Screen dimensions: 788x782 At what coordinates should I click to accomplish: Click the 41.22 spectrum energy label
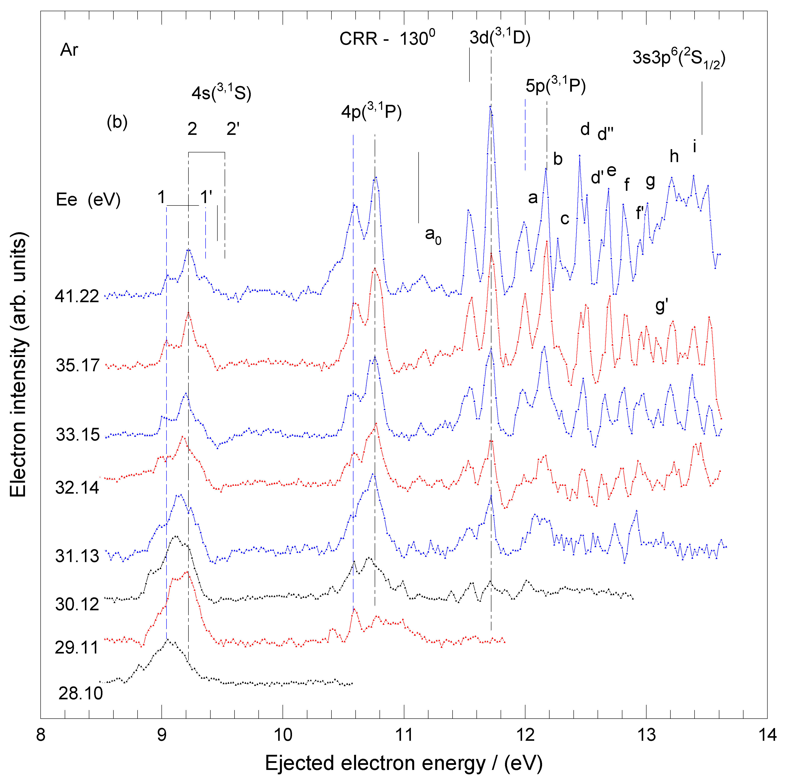[x=77, y=296]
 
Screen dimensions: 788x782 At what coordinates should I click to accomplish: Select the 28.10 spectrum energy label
[x=81, y=693]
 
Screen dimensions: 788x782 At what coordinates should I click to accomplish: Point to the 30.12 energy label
[x=77, y=604]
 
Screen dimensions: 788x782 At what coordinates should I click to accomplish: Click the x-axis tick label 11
[x=404, y=734]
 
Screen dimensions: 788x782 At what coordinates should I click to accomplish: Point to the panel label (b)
[x=117, y=122]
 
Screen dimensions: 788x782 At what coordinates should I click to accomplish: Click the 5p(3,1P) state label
[x=555, y=85]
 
